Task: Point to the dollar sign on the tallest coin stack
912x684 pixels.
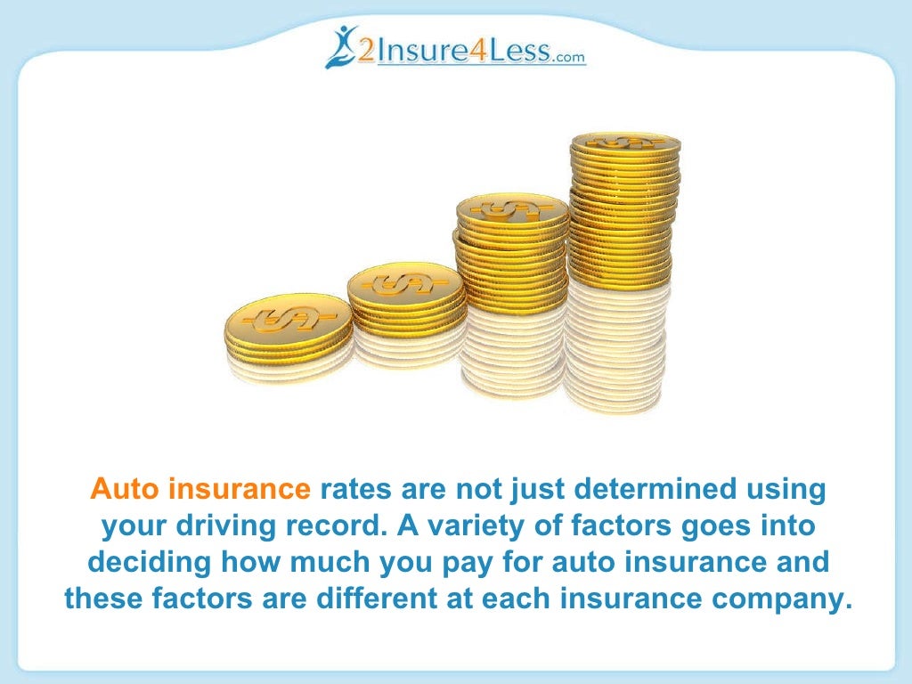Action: [x=626, y=143]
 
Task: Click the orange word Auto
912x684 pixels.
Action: [x=125, y=490]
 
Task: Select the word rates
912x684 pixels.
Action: [x=354, y=490]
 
